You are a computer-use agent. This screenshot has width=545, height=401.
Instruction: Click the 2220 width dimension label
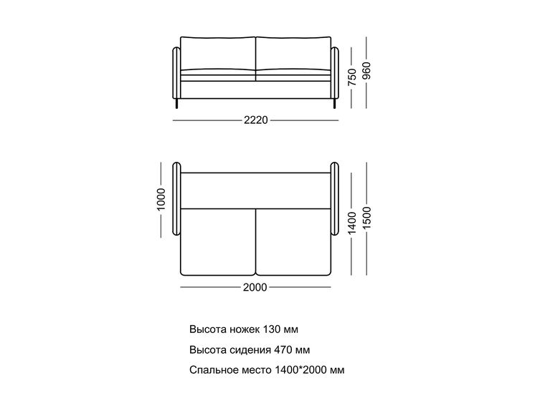coord(256,120)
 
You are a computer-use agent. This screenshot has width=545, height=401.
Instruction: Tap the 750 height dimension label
coord(352,77)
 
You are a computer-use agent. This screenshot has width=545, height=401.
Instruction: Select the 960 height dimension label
coord(366,70)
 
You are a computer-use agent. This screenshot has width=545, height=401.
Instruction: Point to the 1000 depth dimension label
coord(161,200)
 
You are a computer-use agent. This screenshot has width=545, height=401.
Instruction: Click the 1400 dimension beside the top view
coord(352,223)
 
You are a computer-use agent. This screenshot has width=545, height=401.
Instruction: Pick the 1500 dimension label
coord(366,218)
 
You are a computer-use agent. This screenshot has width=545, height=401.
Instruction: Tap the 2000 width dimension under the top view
coord(255,287)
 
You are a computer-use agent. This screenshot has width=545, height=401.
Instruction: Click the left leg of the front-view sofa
coord(177,103)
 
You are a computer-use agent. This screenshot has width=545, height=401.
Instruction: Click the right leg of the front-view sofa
coord(334,103)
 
